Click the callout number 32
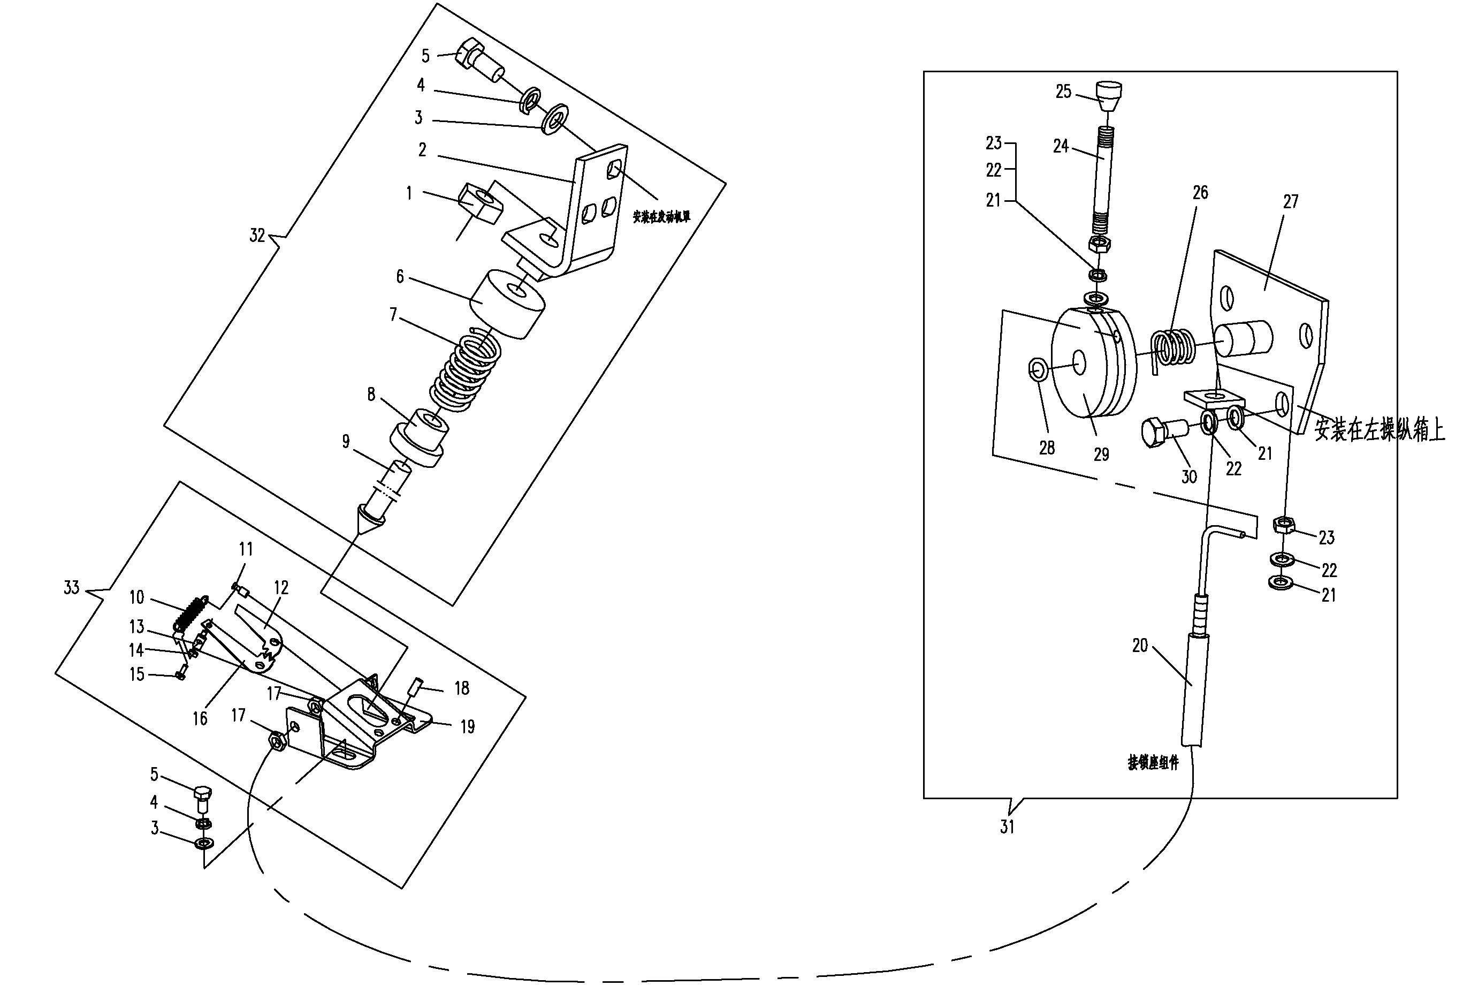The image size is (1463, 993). pos(257,236)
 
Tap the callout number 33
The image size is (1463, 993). pos(71,588)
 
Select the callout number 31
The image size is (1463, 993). pos(1007,827)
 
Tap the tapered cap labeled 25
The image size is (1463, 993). pos(1109,95)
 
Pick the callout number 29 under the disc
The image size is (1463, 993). pos(1101,454)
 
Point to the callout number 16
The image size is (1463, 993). pos(200,718)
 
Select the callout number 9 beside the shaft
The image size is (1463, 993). pos(346,442)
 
